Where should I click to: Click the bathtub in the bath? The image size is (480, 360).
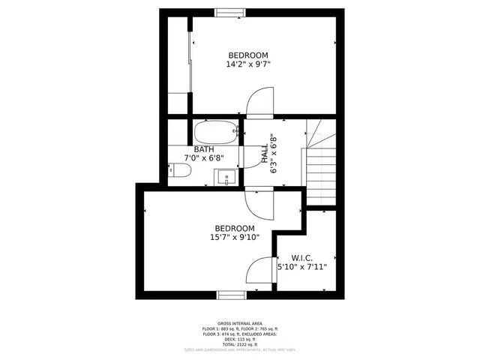pos(216,133)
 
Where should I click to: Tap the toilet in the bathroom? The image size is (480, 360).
pos(178,172)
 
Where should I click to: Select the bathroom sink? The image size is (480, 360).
pos(226,178)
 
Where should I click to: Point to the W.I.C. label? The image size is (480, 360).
pos(302,256)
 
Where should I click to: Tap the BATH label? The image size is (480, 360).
pos(204,149)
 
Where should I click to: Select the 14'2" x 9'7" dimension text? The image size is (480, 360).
pos(248,64)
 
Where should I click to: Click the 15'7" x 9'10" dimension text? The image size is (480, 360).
pos(235,238)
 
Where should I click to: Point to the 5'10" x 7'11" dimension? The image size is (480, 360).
pos(302,266)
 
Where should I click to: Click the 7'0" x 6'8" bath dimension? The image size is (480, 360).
pos(204,158)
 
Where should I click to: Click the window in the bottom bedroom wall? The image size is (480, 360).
pos(232,295)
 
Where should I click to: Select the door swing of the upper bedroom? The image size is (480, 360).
pos(259,103)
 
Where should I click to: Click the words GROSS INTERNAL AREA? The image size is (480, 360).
pos(240,324)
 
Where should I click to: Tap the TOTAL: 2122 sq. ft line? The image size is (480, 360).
pos(240,344)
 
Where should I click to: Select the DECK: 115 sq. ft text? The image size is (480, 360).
pos(240,339)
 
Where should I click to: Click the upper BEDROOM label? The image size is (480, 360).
pos(248,55)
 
